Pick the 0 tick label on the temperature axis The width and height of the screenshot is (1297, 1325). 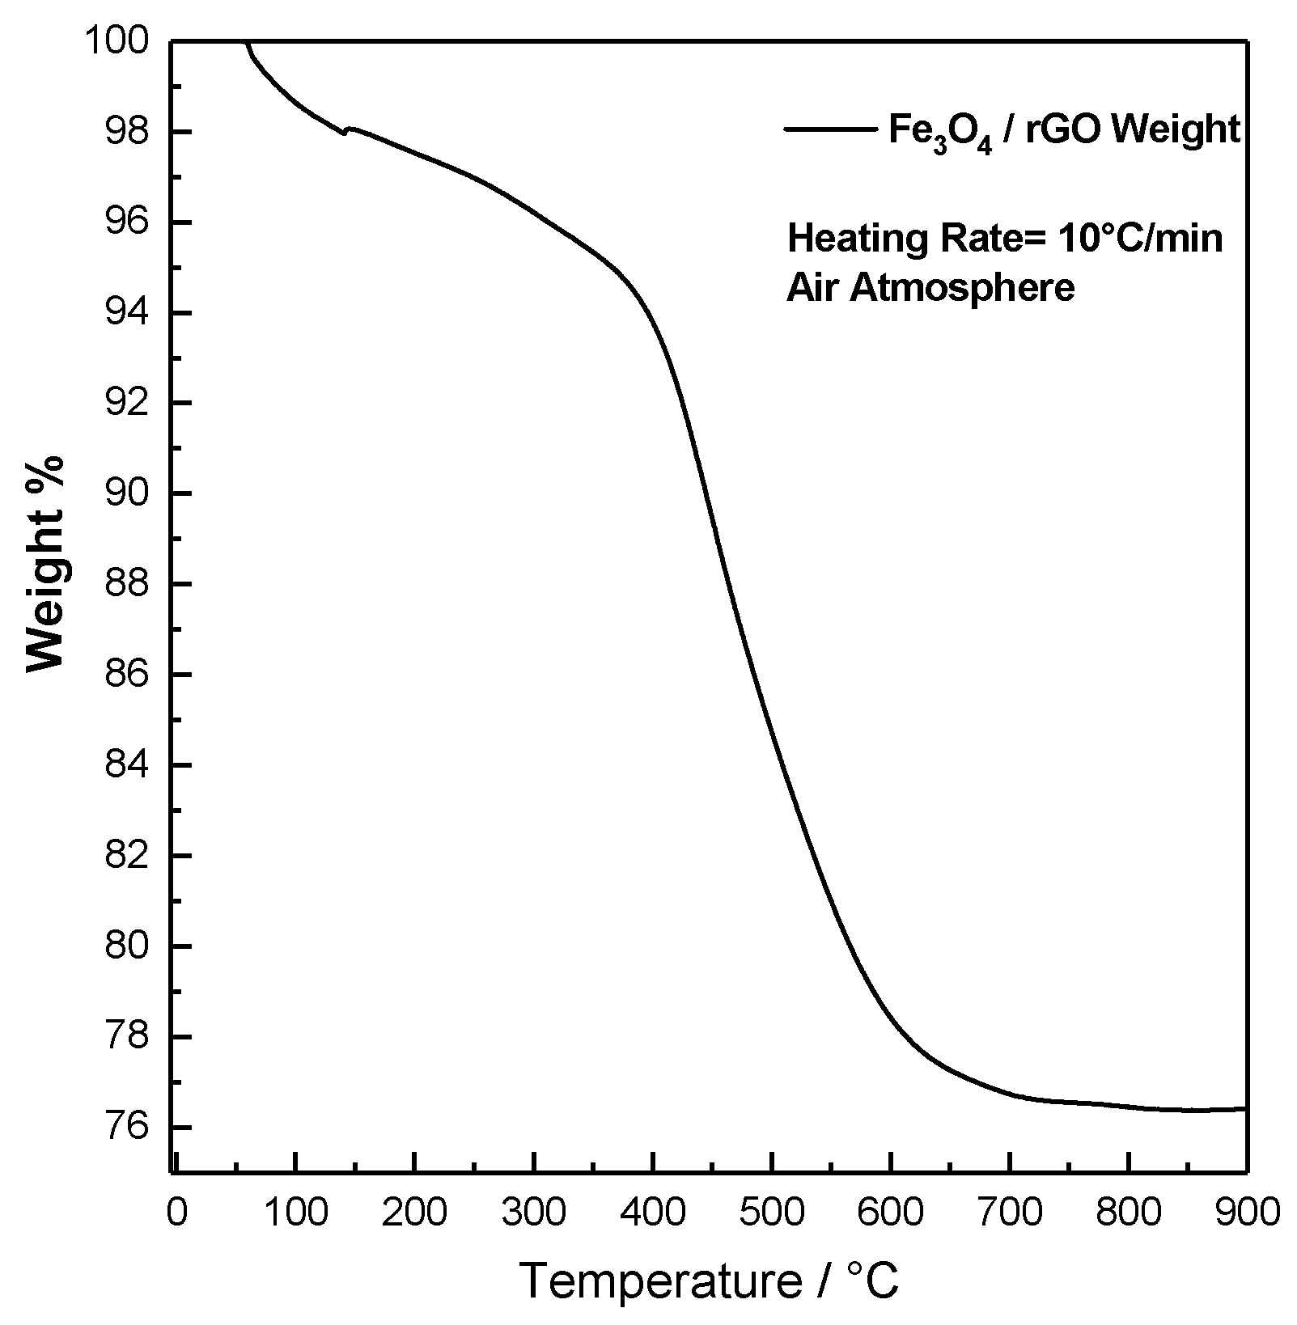176,1213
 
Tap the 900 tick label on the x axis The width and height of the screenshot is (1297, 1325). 1246,1213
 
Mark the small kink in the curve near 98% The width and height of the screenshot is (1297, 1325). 345,132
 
